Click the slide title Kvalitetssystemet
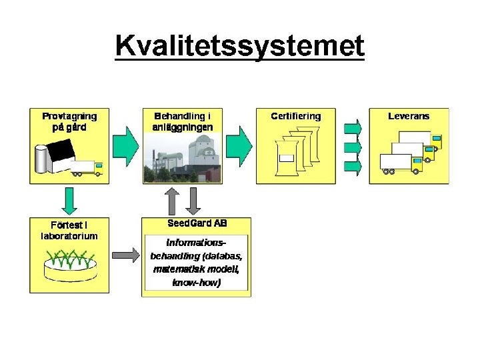tap(239, 46)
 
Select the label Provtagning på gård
tap(69, 121)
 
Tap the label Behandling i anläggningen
tap(183, 121)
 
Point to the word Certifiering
tap(295, 116)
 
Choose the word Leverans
tap(409, 116)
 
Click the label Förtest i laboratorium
tap(69, 229)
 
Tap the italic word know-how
tap(196, 283)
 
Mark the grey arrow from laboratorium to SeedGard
tap(126, 254)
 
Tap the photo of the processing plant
tap(182, 158)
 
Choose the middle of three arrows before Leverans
tap(353, 146)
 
